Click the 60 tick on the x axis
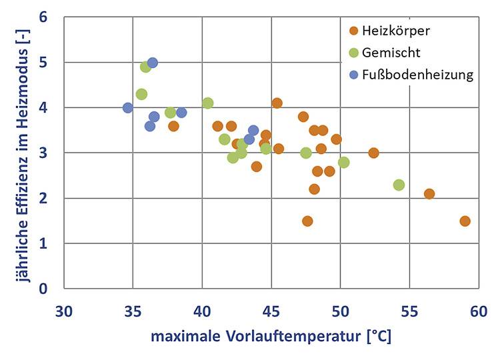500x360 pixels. click(x=477, y=311)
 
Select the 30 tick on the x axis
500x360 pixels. click(x=64, y=311)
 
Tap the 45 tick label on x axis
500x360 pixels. click(x=271, y=311)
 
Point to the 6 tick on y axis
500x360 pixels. click(x=43, y=17)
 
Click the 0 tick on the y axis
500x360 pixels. click(x=43, y=289)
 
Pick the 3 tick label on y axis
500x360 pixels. click(x=43, y=153)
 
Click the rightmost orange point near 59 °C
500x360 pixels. click(x=465, y=221)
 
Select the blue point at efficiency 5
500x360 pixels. click(x=152, y=63)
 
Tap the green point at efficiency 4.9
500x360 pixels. click(x=145, y=67)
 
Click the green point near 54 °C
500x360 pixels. click(x=399, y=185)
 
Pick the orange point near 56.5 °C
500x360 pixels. click(x=429, y=194)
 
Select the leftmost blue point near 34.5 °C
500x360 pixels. click(x=128, y=107)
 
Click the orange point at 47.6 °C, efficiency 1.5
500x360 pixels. click(x=307, y=221)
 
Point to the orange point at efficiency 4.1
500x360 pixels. click(x=277, y=103)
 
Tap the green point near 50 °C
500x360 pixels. click(x=343, y=162)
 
